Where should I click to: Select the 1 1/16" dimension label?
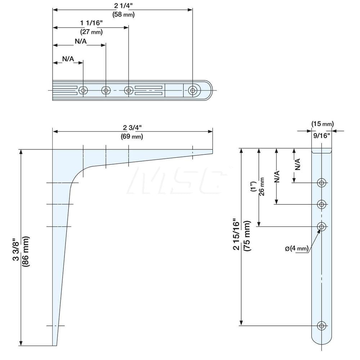pyautogui.click(x=91, y=23)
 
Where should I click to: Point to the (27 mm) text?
pyautogui.click(x=91, y=32)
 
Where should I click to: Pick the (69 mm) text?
pyautogui.click(x=132, y=137)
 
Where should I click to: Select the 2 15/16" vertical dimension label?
pyautogui.click(x=236, y=234)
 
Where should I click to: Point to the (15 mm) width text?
pyautogui.click(x=322, y=124)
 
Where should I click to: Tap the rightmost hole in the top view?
pyautogui.click(x=193, y=90)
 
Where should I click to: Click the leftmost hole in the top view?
pyautogui.click(x=83, y=90)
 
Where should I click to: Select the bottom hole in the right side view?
pyautogui.click(x=321, y=326)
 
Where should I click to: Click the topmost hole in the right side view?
pyautogui.click(x=321, y=183)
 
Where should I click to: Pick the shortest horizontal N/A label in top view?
pyautogui.click(x=68, y=58)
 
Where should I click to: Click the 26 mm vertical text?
pyautogui.click(x=262, y=186)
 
